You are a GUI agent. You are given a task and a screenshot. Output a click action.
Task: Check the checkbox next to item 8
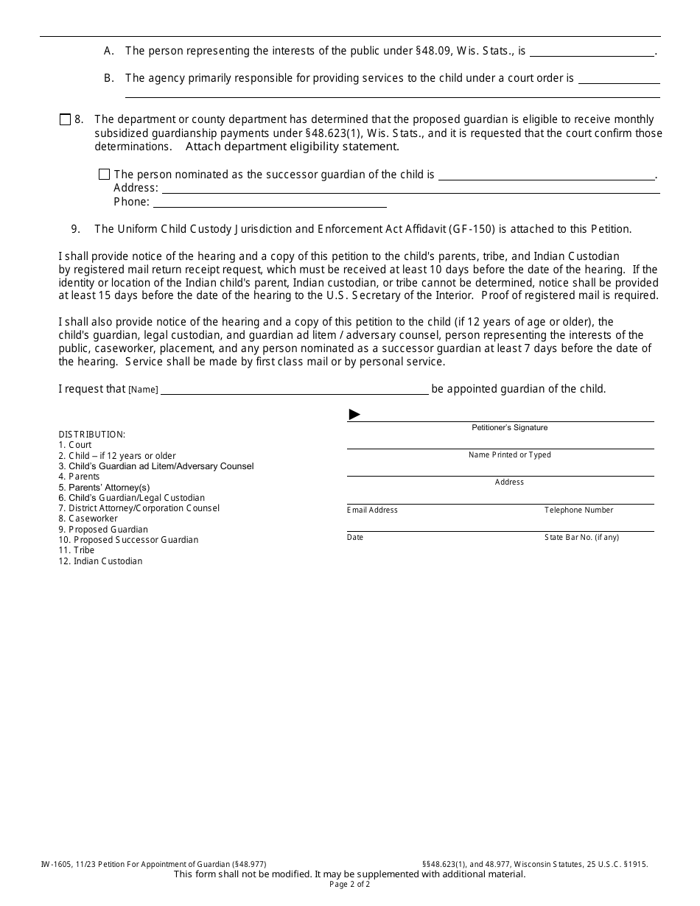coord(65,119)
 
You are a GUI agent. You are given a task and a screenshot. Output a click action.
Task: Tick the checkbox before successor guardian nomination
coord(104,175)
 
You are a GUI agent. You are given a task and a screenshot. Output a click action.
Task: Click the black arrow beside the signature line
coord(354,415)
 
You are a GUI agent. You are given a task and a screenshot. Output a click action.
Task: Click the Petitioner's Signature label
coord(509,428)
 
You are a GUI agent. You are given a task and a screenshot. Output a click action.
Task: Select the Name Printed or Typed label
coord(509,455)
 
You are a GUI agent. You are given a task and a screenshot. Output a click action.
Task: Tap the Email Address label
coord(372,510)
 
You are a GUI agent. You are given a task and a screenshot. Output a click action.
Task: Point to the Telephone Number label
coord(578,510)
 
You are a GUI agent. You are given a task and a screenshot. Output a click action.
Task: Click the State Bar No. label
coord(581,538)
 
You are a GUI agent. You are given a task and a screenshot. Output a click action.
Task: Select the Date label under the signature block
coord(355,538)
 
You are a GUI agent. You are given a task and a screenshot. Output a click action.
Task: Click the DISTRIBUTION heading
coord(92,435)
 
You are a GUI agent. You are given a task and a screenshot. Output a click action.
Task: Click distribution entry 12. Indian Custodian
coord(100,561)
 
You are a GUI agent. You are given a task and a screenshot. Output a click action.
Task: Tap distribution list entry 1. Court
coord(75,445)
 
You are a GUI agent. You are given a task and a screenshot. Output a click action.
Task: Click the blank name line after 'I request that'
coord(294,390)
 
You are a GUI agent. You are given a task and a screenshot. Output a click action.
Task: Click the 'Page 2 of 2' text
coord(350,885)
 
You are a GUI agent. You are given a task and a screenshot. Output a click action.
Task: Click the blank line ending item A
coord(592,52)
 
